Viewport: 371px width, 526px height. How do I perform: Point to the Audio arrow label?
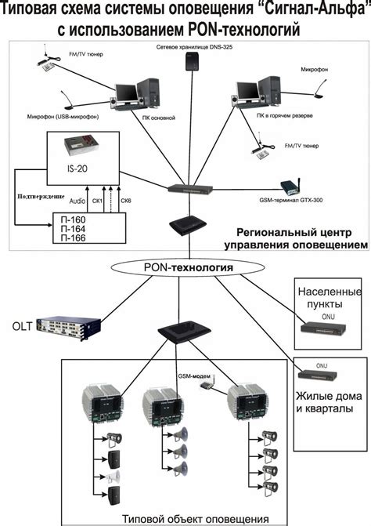[77, 201]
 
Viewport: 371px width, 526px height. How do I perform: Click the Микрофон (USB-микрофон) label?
[41, 119]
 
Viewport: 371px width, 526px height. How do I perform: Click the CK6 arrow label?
[125, 201]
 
